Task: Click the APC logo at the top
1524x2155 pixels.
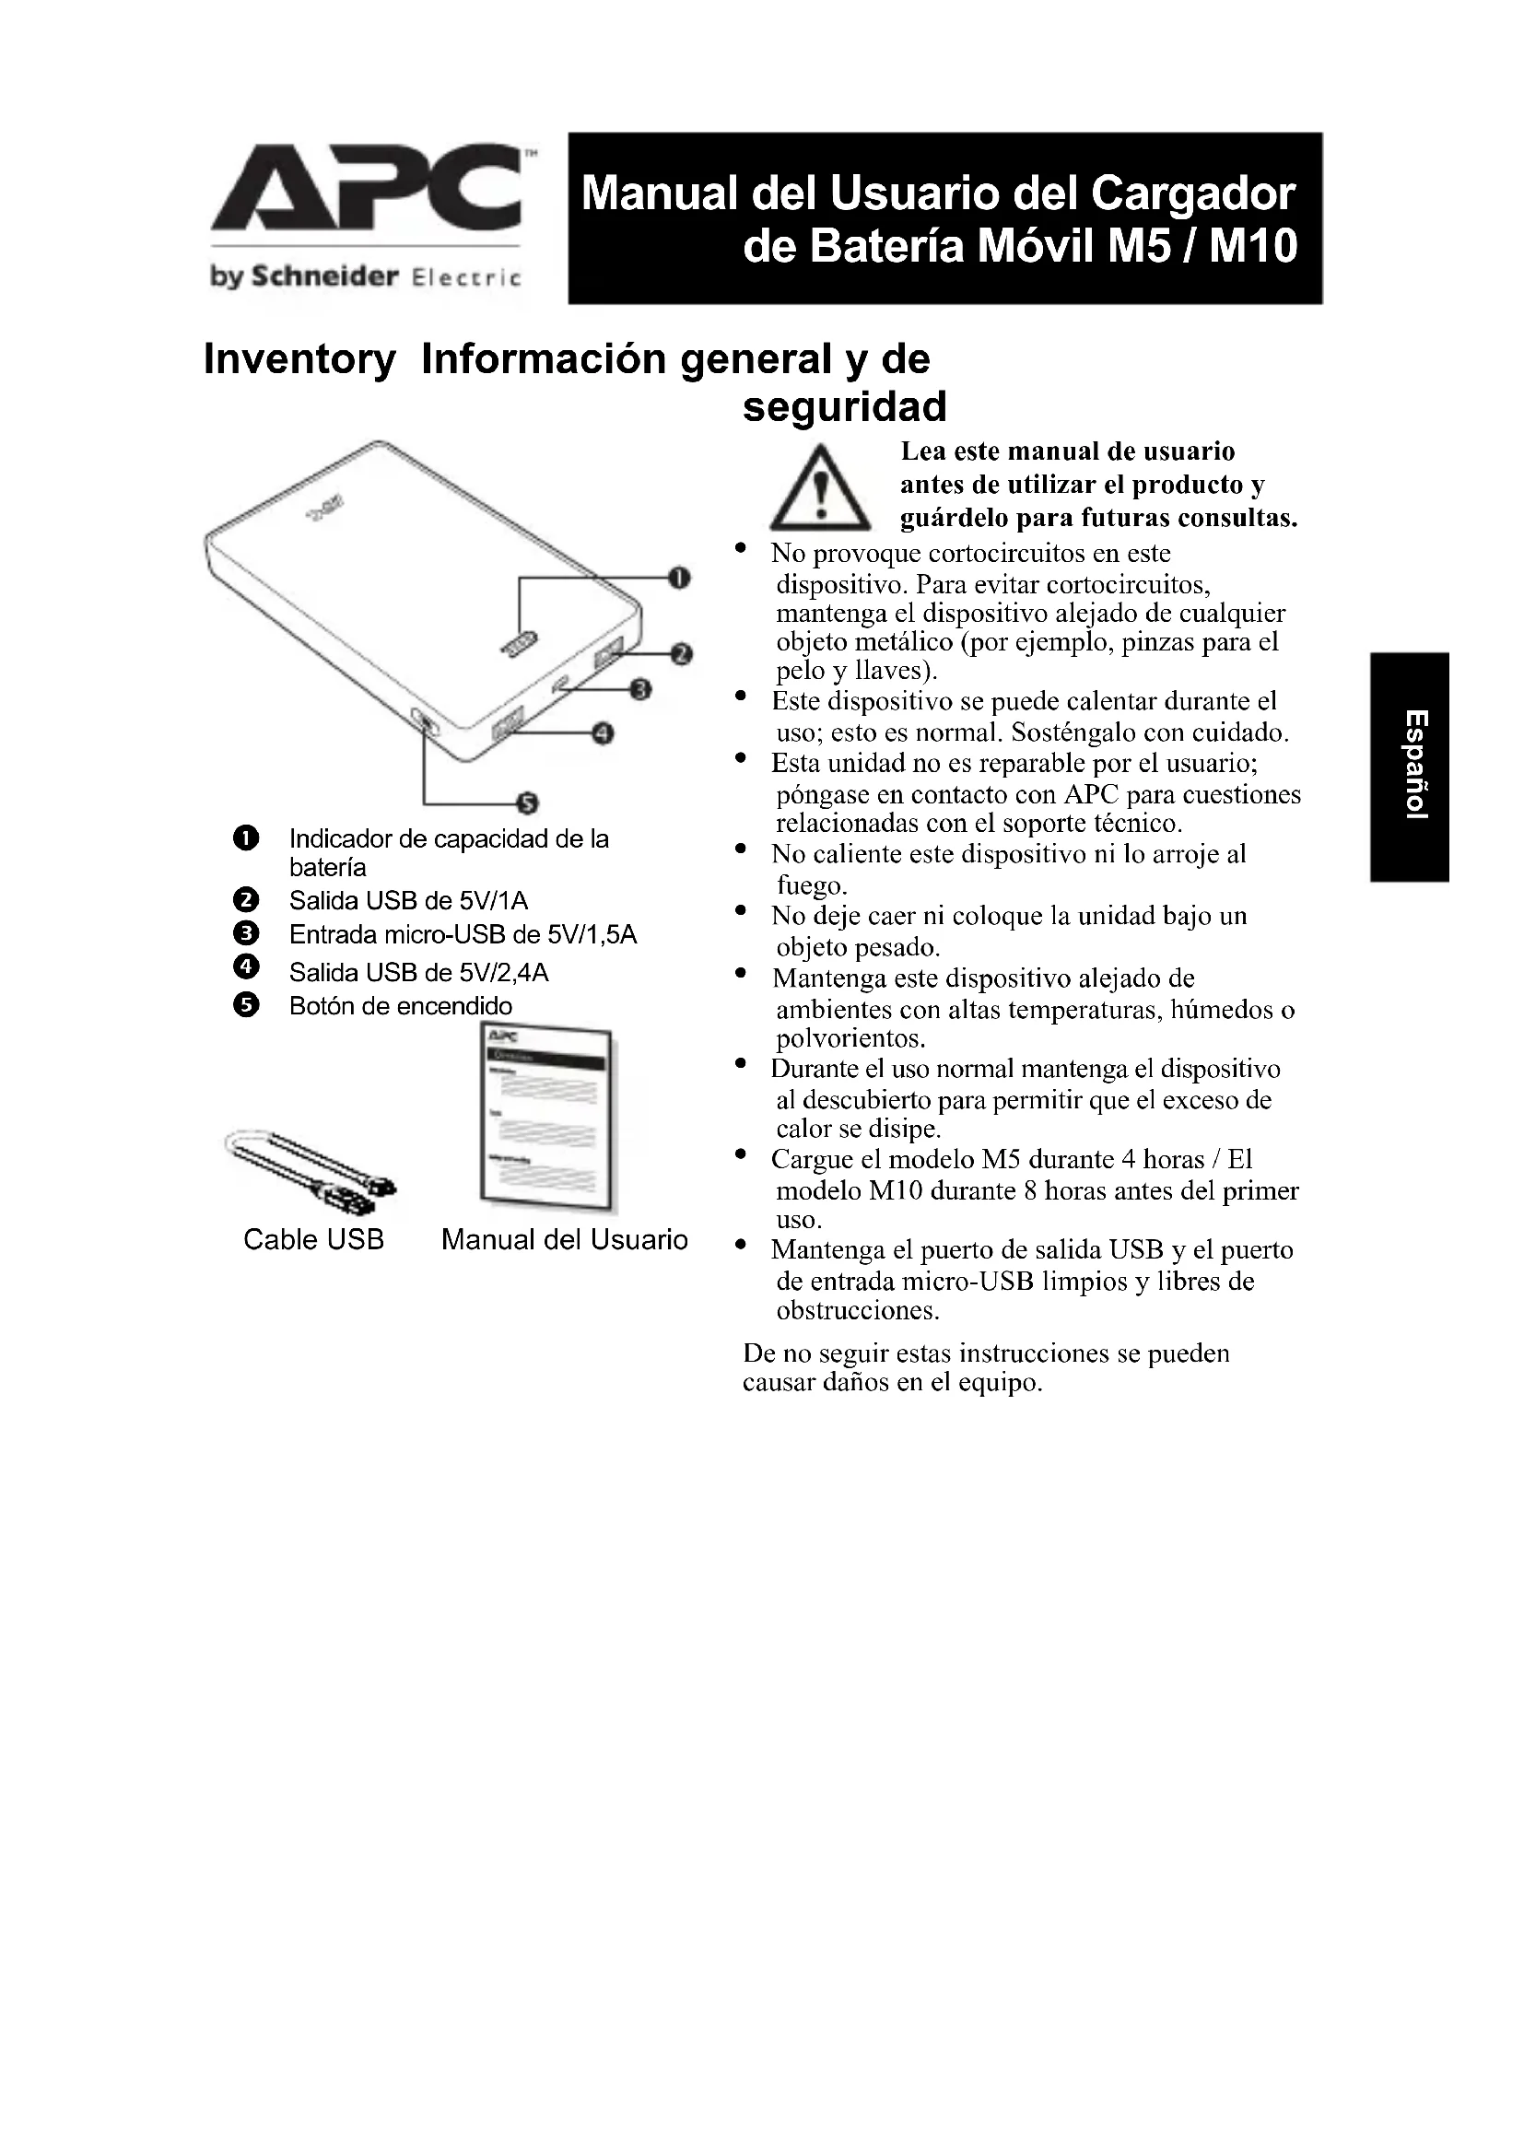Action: [x=367, y=189]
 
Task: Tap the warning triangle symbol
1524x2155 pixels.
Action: [x=819, y=488]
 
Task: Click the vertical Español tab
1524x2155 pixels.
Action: [x=1411, y=766]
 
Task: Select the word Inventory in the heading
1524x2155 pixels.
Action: [x=299, y=359]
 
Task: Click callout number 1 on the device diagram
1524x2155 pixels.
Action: [x=678, y=578]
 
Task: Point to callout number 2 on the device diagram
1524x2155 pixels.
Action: [x=682, y=654]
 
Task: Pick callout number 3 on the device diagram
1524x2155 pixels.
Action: [x=640, y=691]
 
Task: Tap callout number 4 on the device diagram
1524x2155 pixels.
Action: [x=603, y=733]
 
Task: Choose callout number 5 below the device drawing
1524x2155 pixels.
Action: [x=527, y=803]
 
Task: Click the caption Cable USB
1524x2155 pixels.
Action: [x=313, y=1240]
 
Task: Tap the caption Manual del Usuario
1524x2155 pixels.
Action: [x=564, y=1240]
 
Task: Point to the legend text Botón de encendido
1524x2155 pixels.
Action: [x=401, y=1006]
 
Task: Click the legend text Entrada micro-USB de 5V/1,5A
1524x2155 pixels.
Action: [x=463, y=935]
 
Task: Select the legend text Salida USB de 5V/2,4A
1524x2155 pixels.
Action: [x=418, y=972]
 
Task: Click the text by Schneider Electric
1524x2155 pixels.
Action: [x=365, y=277]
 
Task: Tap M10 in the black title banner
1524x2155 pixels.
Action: [x=1253, y=246]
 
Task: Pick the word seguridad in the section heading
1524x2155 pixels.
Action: [x=845, y=407]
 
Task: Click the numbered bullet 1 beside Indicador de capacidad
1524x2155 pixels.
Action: [x=245, y=839]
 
